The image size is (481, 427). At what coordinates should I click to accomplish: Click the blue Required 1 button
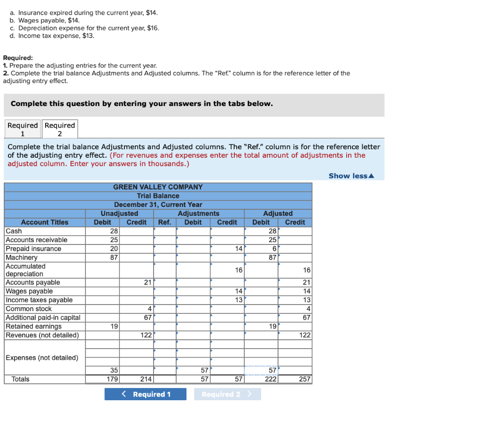145,394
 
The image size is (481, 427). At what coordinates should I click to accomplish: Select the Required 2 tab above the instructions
60,130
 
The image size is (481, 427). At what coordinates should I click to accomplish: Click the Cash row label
14,231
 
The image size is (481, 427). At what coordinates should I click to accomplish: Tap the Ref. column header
164,222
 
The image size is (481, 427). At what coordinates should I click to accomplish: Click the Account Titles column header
45,222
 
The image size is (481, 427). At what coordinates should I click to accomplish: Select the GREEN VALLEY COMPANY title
158,187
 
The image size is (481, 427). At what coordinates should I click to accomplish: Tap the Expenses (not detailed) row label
42,358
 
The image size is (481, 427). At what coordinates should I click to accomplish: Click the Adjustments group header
198,213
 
